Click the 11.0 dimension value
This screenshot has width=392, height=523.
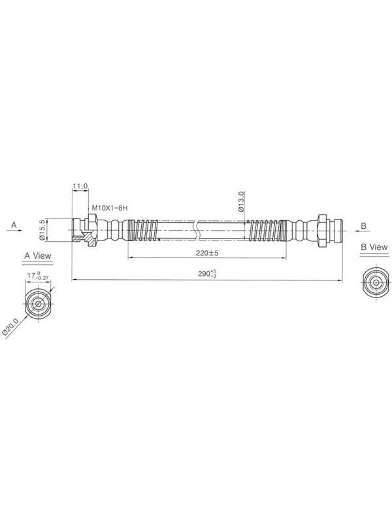pos(80,186)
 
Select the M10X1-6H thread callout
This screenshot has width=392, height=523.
pos(110,208)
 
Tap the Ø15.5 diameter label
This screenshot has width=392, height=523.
pos(42,230)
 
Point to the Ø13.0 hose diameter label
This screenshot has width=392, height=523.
pos(241,201)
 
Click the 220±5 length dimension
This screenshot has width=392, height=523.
pos(207,253)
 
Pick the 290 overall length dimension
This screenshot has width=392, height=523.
pos(207,274)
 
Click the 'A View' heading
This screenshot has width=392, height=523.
pos(38,256)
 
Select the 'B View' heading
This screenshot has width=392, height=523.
pos(374,247)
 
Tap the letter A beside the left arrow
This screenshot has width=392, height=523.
pos(14,225)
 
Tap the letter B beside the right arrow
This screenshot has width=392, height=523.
pos(364,226)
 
